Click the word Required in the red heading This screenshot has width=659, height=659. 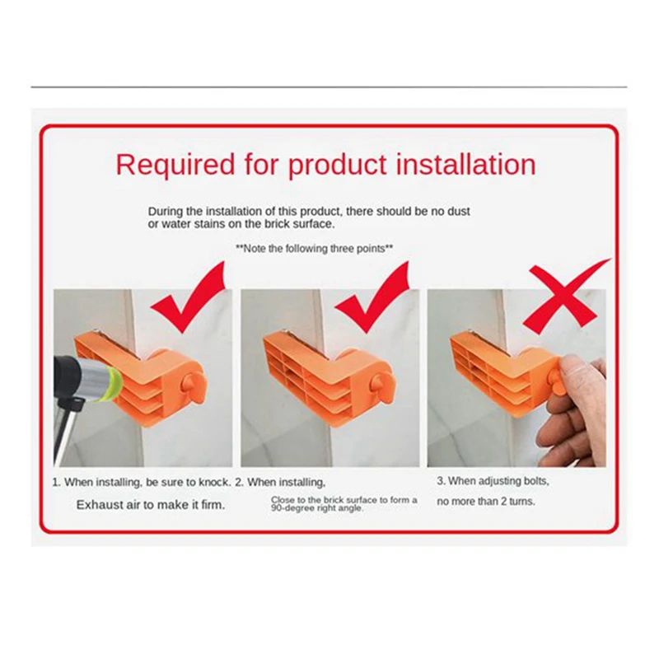pyautogui.click(x=175, y=165)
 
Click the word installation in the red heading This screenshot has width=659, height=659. pyautogui.click(x=466, y=164)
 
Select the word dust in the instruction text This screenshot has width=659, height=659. pyautogui.click(x=458, y=211)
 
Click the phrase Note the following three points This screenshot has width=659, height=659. pyautogui.click(x=315, y=249)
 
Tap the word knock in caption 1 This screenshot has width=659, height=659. pyautogui.click(x=213, y=482)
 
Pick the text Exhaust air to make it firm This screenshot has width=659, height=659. pyautogui.click(x=151, y=504)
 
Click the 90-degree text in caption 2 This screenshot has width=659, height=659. pyautogui.click(x=289, y=508)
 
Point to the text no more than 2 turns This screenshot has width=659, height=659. pyautogui.click(x=486, y=501)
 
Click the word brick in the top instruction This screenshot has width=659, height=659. pyautogui.click(x=277, y=223)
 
